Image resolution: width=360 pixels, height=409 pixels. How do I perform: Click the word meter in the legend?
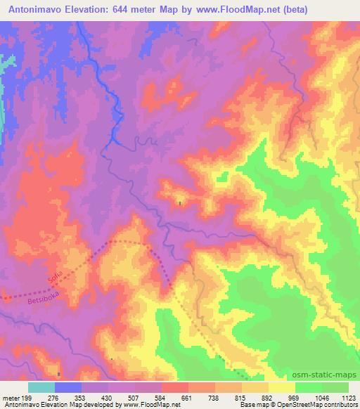pos(12,398)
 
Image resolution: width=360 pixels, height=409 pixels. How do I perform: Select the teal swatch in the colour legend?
pos(41,387)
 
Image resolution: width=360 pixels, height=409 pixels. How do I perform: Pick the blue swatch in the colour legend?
pos(68,387)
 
